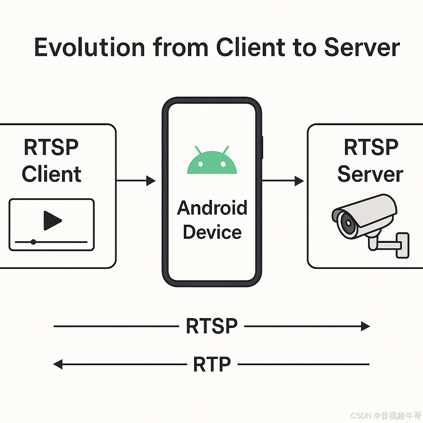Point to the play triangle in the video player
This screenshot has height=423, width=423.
click(x=52, y=221)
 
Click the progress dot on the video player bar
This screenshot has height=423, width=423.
click(x=33, y=242)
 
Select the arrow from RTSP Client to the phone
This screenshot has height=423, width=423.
click(x=136, y=181)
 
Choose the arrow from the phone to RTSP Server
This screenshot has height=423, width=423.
click(x=283, y=181)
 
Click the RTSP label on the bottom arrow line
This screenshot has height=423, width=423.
click(x=211, y=326)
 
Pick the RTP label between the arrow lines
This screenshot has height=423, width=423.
click(x=211, y=364)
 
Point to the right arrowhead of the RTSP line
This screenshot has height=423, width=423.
click(x=365, y=326)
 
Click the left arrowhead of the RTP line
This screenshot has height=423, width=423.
click(x=58, y=364)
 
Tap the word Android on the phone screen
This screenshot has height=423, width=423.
click(x=212, y=208)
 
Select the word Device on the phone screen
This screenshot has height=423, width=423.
click(x=212, y=232)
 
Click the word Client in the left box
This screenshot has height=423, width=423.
click(x=52, y=174)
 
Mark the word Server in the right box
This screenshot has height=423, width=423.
click(x=370, y=174)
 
